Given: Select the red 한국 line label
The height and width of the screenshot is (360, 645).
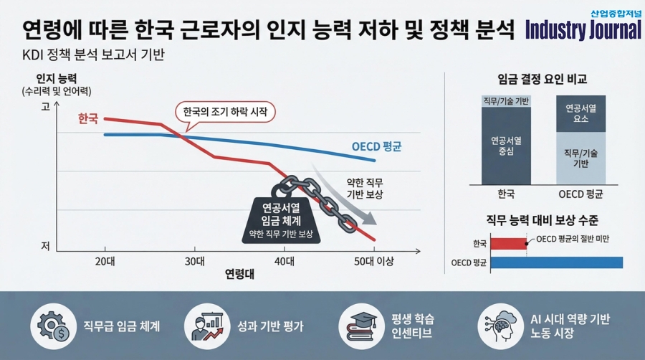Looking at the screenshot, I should point(87,119).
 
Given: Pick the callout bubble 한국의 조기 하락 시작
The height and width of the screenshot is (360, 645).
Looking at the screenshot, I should point(225,113).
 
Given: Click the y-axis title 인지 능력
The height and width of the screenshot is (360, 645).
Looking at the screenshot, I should point(56,78).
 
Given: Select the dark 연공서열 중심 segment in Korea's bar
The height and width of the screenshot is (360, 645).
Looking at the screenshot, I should point(506,146).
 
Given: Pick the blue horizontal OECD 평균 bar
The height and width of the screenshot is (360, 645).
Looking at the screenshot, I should point(556,262).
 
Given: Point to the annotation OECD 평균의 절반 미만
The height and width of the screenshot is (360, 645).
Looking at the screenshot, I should point(573,238).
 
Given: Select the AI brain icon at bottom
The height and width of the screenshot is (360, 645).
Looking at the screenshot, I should point(499,326).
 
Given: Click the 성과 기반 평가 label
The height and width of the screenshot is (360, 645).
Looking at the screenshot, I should point(270,327).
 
